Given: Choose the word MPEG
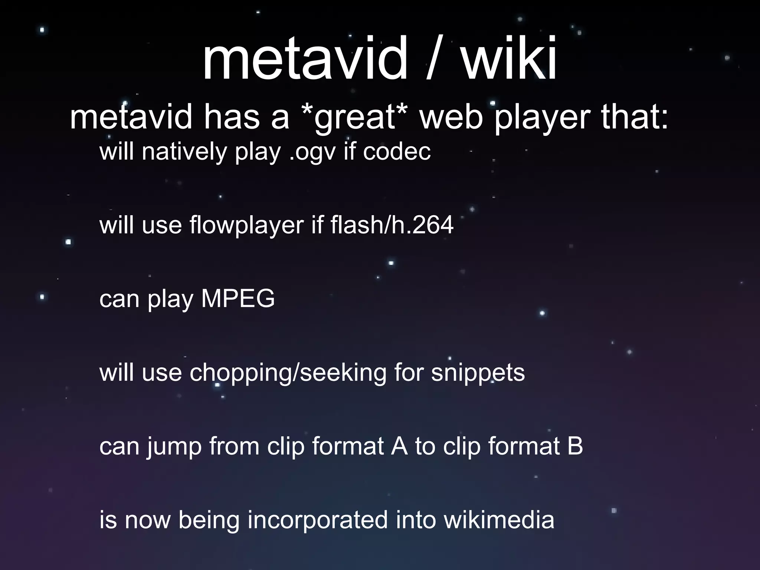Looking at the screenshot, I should click(x=237, y=298).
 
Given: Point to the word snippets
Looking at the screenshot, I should click(x=478, y=373).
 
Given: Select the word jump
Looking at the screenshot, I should click(x=174, y=446).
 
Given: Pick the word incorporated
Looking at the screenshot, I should click(x=318, y=520).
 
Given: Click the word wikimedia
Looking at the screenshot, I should click(x=499, y=520).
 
